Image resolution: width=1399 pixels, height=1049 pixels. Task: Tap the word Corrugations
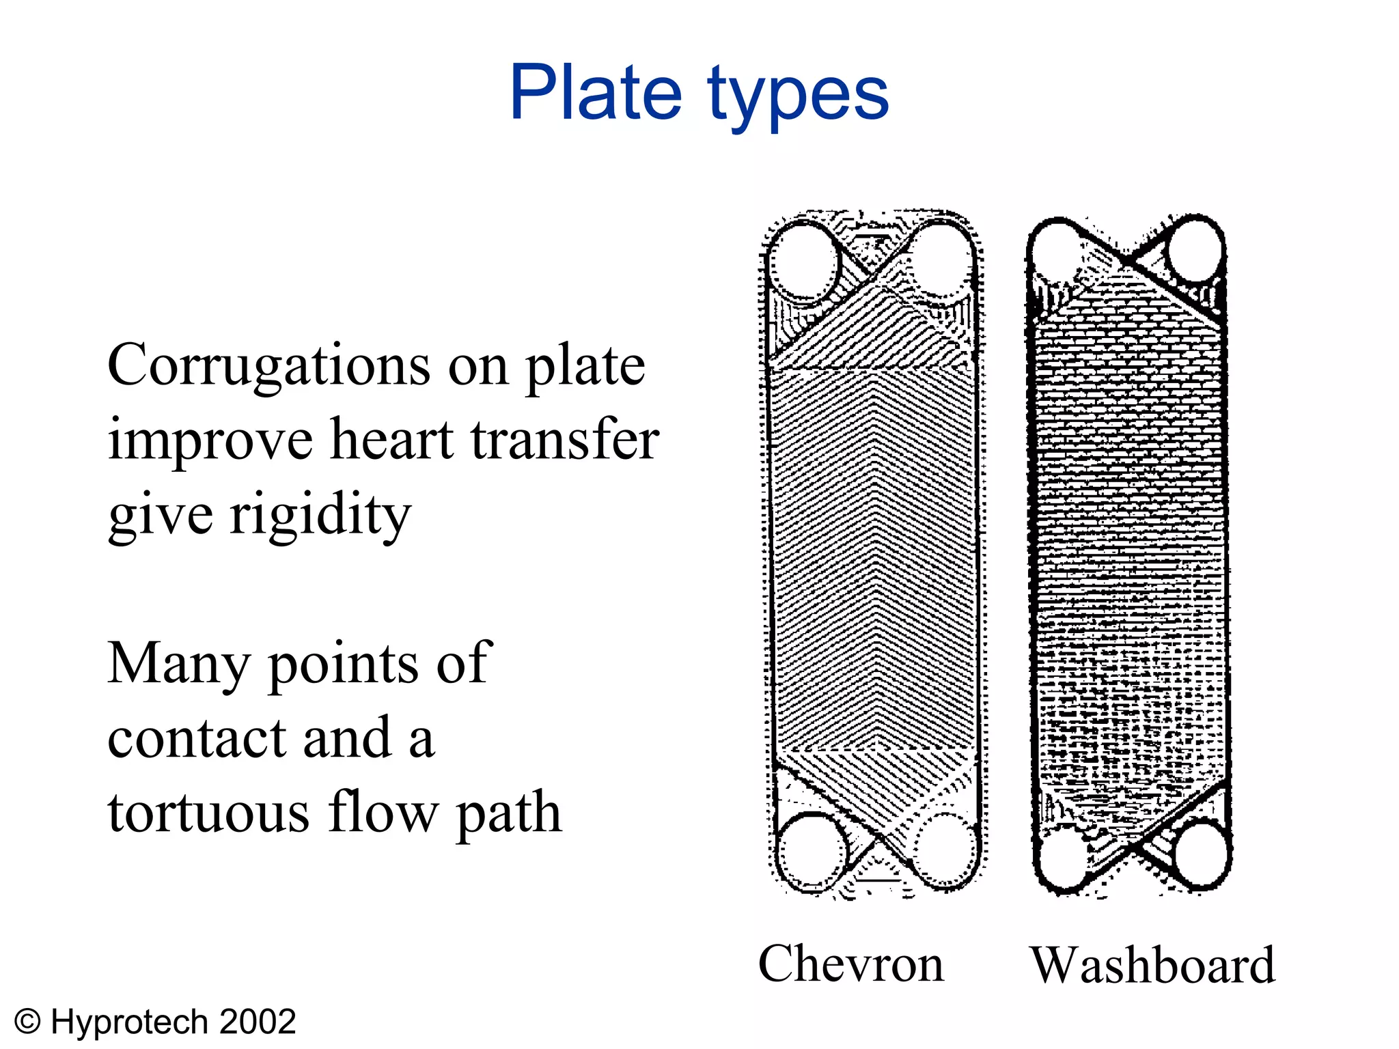coord(269,366)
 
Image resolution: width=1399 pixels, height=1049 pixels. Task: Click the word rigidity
coord(320,516)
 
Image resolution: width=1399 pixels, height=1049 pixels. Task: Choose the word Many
coord(178,665)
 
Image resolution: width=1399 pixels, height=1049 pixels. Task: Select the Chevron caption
coord(850,964)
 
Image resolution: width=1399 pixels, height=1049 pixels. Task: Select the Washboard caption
coord(1152,965)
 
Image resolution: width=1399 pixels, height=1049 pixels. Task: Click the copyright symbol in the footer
coord(28,1022)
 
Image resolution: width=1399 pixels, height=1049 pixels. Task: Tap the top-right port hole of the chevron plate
coord(941,260)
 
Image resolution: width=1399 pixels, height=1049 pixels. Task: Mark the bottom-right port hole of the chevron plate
coord(946,850)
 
